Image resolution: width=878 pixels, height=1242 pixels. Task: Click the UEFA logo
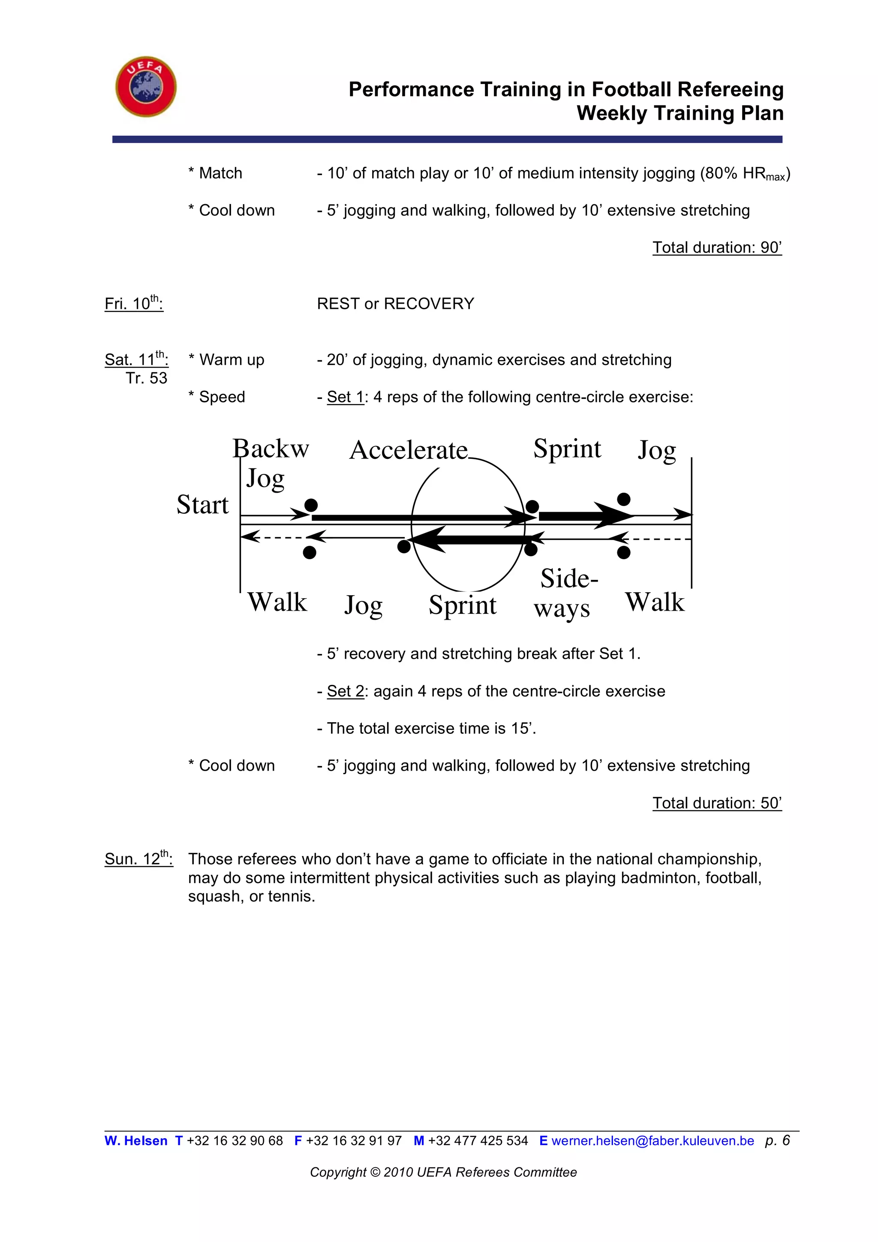(146, 87)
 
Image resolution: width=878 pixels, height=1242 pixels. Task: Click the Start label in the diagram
(203, 505)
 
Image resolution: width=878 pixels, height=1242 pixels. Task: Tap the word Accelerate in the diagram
(409, 450)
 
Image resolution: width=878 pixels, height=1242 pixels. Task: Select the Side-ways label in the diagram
(565, 593)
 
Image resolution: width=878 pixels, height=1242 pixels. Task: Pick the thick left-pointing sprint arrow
(468, 540)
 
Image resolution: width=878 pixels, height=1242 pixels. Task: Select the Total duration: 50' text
(717, 803)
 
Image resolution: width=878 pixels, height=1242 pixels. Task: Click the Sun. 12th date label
(138, 859)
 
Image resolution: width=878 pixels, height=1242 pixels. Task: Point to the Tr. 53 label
(147, 378)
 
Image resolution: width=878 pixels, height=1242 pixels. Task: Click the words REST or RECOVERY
(395, 304)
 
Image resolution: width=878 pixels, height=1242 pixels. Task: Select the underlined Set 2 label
(346, 691)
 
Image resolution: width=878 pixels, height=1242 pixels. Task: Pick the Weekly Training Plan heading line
(680, 113)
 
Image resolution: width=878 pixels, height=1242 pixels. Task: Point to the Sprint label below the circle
(462, 605)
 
